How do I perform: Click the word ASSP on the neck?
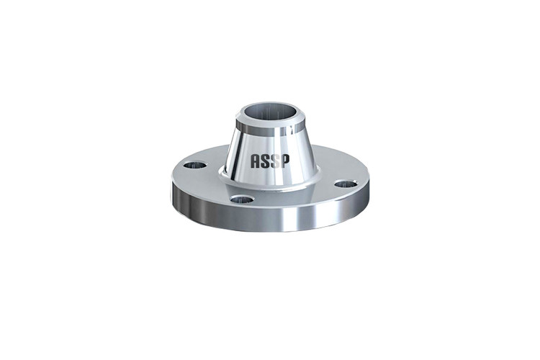pos(270,161)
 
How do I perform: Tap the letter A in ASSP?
pos(255,161)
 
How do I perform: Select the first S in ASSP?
pos(265,161)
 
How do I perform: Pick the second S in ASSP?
pos(275,161)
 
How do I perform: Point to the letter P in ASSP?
pos(285,161)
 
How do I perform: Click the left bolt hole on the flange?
pos(195,165)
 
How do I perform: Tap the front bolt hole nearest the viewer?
pos(243,199)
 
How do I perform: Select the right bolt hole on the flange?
pos(346,184)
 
